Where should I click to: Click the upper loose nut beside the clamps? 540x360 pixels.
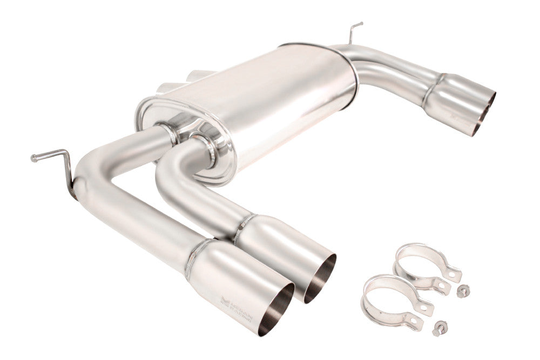point(462,291)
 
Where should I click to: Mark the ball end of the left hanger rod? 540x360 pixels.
point(34,158)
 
